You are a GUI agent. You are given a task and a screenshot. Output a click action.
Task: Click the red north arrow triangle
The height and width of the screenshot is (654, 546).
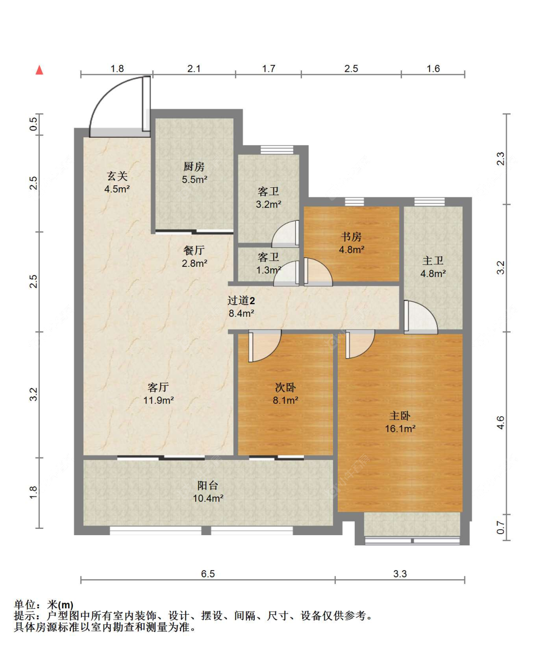pos(39,70)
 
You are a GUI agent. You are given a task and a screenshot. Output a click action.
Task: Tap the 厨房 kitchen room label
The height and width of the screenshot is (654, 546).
pos(194,166)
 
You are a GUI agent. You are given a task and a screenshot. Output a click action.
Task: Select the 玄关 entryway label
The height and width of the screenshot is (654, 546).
pos(117,176)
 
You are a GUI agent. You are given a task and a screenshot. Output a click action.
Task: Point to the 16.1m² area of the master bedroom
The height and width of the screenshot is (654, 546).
pos(400,428)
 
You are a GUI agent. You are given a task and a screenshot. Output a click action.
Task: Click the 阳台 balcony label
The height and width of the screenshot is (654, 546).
pos(208,486)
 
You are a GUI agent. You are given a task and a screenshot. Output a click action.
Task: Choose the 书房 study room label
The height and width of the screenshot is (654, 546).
pos(351,236)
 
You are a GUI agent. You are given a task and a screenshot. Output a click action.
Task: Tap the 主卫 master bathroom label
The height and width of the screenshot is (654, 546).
pos(433,261)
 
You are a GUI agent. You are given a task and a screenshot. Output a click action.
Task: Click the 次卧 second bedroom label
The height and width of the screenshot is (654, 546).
pos(285,388)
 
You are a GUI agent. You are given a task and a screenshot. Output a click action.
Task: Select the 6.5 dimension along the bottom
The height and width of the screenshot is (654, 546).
pos(208,574)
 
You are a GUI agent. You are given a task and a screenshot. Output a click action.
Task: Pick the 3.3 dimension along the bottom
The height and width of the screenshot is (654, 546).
pos(400,574)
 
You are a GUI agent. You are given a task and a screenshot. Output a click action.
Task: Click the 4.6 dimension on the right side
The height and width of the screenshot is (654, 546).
pos(500,423)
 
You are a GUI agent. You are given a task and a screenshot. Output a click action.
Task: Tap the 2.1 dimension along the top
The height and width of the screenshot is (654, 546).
pos(194,68)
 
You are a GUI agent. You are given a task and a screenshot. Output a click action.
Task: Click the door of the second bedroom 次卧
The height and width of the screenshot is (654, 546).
pos(265,346)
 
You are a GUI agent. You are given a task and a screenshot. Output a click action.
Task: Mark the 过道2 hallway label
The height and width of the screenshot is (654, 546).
pos(241,301)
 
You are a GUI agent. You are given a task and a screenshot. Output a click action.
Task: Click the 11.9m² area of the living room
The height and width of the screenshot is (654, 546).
pos(159,400)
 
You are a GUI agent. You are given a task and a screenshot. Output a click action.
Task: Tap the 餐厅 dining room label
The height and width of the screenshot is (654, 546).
pos(194,250)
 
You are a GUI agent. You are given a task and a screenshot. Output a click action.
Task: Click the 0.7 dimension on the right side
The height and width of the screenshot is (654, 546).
pos(500,527)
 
